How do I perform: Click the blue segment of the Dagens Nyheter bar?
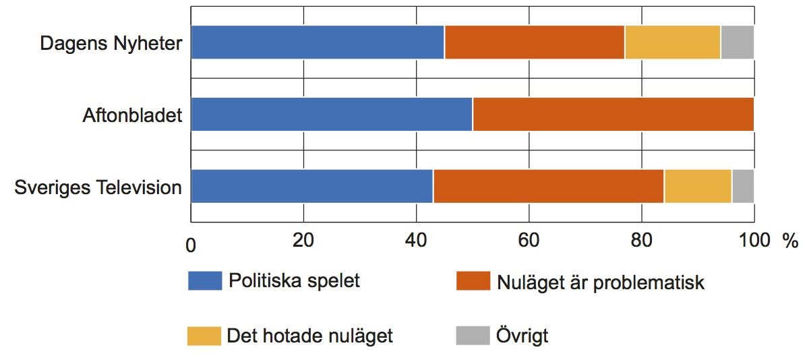coord(318,42)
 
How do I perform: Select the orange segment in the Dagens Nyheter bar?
coord(534,42)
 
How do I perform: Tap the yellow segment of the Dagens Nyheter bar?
coord(673,42)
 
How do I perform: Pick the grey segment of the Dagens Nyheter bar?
coord(737,42)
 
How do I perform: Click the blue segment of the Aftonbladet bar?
coord(332,114)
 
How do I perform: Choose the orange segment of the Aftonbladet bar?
coord(614,114)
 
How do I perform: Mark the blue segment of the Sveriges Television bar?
coord(312,186)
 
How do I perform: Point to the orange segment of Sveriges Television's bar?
coord(549,186)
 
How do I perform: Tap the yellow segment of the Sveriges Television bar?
coord(698,186)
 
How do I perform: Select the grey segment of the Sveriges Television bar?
coord(743,186)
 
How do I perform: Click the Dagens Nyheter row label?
coord(111,44)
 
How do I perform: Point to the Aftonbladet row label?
coord(133,115)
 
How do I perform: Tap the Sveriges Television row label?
coord(98,187)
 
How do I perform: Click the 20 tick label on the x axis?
coord(304,241)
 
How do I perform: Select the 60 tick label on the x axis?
coord(529,241)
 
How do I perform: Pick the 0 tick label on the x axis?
coord(191,246)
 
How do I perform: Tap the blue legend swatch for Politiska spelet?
coord(205,281)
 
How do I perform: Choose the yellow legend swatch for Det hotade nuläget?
coord(205,336)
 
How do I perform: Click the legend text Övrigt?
coord(522,336)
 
